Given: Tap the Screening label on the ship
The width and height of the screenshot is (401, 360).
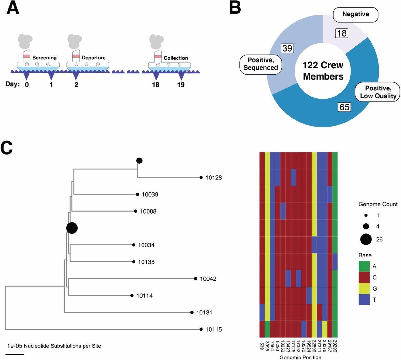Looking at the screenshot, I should tap(44, 58).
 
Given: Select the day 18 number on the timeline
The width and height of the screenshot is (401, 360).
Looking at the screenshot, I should tap(156, 85).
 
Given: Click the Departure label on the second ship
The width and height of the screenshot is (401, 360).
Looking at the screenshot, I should tap(93, 58).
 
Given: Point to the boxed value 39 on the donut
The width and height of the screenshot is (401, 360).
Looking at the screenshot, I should tap(287, 48).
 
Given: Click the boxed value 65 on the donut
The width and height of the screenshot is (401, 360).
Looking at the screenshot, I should tap(344, 107).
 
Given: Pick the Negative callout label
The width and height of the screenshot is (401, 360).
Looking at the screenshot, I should tap(356, 14).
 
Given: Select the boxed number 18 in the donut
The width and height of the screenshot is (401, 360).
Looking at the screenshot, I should tap(341, 33).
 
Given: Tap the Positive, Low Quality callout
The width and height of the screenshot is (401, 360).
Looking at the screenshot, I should tap(378, 92).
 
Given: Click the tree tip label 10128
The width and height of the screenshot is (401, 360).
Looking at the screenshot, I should tap(214, 178).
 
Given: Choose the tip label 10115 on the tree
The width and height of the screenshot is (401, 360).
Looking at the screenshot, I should tap(214, 329).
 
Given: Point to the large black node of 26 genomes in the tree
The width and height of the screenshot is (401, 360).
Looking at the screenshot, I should tap(72, 228).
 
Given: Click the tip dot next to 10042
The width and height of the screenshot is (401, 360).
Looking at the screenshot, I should tap(195, 279).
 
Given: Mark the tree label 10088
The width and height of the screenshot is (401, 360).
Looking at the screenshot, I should tap(148, 211).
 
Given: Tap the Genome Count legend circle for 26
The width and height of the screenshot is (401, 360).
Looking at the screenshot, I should tap(366, 239).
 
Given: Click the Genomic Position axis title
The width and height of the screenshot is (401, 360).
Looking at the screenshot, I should tap(300, 357).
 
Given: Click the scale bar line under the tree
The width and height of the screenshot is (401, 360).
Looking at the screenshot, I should tap(15, 354).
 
